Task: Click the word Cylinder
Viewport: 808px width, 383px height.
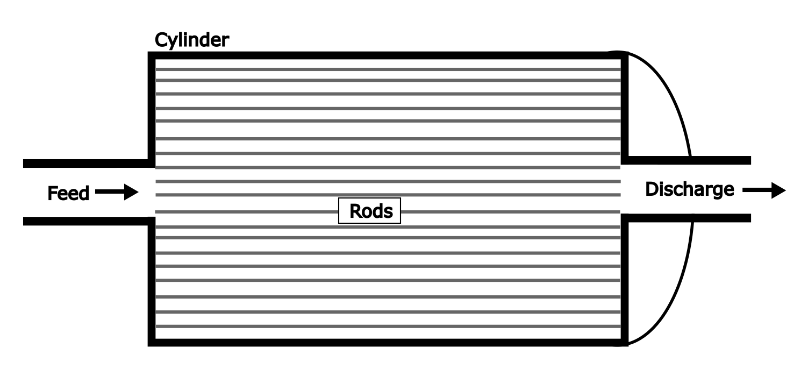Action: coord(191,40)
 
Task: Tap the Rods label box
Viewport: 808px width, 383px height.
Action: coord(369,211)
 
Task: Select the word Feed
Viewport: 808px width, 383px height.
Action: coord(68,193)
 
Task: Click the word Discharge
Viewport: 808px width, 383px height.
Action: coord(689,189)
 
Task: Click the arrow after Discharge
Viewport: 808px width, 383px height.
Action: coord(763,190)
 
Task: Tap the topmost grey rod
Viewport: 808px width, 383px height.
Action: coord(387,69)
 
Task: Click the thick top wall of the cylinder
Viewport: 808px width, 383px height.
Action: coord(387,55)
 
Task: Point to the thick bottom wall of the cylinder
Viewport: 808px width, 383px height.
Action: coord(387,342)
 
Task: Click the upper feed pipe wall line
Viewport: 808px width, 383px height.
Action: coord(86,163)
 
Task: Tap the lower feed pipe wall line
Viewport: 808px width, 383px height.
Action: coord(86,221)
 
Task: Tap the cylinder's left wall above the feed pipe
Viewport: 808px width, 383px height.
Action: coord(152,108)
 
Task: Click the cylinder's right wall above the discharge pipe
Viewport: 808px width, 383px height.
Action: coord(624,108)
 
